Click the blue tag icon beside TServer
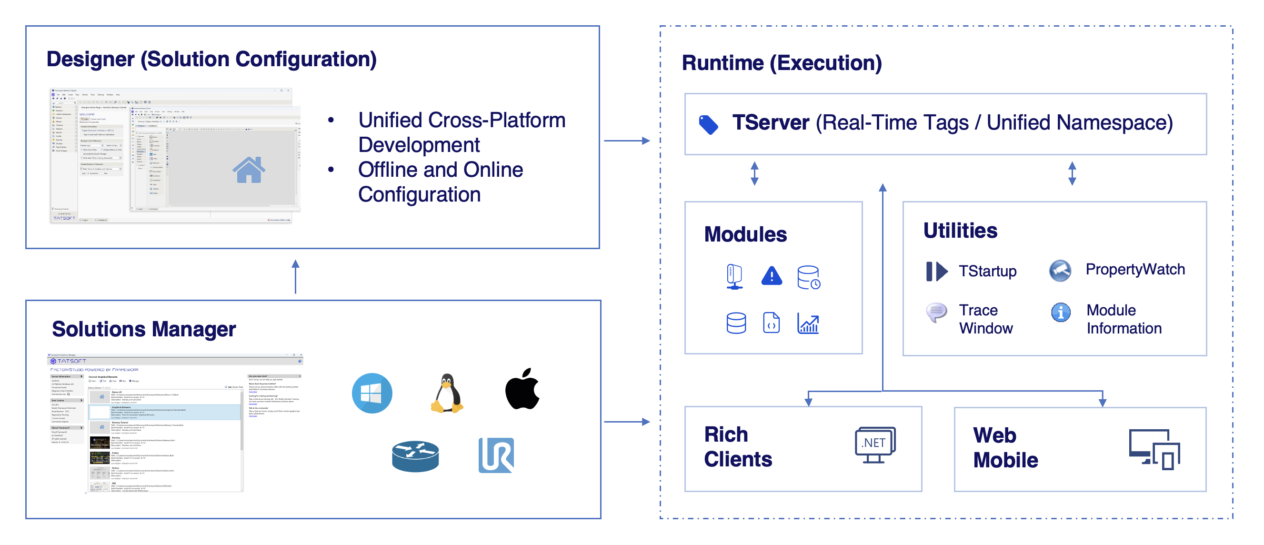(709, 125)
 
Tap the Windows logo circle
(372, 394)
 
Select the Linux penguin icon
(447, 394)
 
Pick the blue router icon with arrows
(415, 456)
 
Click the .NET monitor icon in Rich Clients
(875, 445)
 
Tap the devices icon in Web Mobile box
(1154, 449)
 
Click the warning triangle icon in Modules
(772, 276)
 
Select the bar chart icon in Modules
(808, 323)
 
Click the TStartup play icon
(937, 271)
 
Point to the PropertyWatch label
(1135, 269)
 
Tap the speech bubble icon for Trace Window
(936, 312)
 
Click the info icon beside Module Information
(1061, 312)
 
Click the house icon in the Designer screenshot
(249, 170)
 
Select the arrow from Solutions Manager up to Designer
(295, 277)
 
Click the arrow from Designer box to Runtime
(627, 141)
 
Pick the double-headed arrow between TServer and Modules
(755, 173)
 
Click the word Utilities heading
(960, 230)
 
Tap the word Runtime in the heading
(723, 63)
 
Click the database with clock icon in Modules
(809, 277)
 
